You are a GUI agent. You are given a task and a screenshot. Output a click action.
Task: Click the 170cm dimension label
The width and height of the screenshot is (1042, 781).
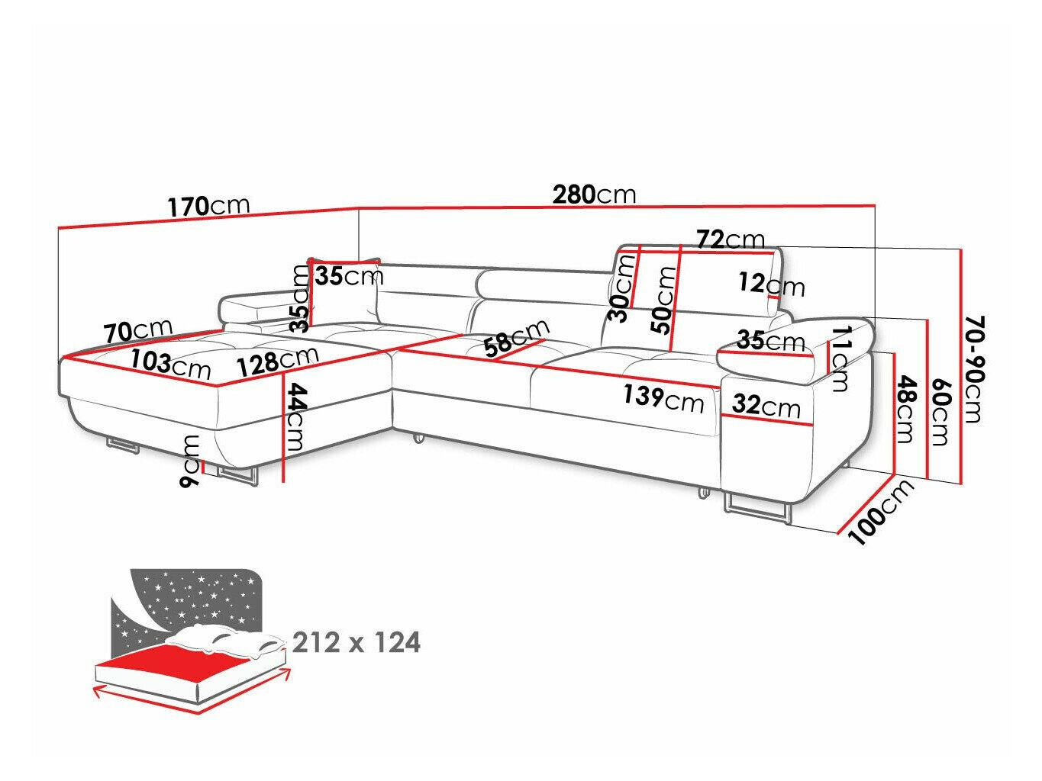[x=208, y=205]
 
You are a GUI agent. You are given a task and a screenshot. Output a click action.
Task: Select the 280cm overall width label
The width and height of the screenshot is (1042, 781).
[x=594, y=194]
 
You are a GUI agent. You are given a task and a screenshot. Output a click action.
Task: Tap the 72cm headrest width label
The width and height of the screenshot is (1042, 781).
[x=730, y=239]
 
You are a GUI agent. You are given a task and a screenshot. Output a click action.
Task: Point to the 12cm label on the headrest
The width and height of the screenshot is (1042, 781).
[x=771, y=284]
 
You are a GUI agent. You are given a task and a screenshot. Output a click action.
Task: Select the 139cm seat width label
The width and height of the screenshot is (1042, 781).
[x=663, y=397]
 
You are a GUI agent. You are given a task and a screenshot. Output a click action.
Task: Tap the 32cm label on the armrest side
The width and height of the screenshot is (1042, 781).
[x=766, y=405]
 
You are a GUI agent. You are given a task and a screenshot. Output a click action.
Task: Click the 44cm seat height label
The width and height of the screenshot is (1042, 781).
[x=296, y=417]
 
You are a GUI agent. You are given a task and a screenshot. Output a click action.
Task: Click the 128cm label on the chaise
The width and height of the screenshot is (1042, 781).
[x=276, y=361]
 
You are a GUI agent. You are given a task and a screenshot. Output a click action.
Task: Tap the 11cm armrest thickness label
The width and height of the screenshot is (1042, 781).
[x=840, y=358]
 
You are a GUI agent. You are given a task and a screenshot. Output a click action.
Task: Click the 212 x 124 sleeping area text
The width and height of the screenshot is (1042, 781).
[x=356, y=643]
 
